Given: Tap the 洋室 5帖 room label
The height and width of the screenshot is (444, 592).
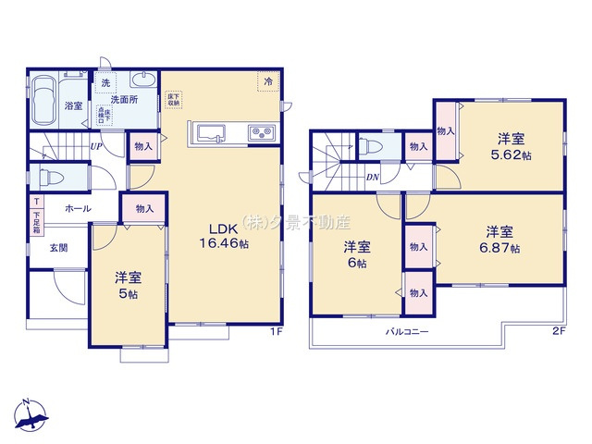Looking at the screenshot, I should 127,285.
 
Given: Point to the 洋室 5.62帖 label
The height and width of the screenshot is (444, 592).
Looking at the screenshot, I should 512,147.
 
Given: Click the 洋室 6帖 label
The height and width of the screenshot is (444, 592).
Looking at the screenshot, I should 357,254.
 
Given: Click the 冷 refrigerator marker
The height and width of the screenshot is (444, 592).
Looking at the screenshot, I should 268,83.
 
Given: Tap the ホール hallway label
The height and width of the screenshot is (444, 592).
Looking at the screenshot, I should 78,209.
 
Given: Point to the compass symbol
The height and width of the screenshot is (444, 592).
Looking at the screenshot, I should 30,417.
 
